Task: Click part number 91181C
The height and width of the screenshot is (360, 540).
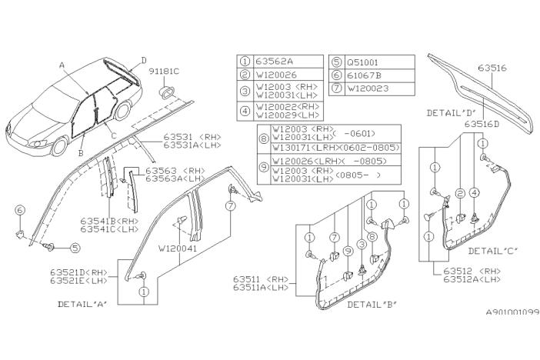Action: tap(166, 71)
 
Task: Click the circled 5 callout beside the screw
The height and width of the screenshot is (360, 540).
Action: tap(75, 248)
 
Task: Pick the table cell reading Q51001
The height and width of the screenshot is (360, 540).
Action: tap(362, 61)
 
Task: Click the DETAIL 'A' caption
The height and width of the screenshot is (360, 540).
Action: tap(82, 304)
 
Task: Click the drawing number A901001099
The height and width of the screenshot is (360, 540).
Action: tap(502, 333)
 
